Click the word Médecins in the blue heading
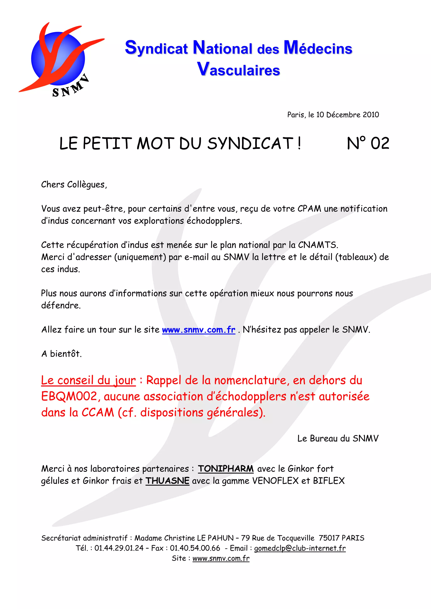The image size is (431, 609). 318,48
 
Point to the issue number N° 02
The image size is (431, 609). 368,144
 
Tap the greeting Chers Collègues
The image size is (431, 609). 74,184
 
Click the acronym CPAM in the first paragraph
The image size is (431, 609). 309,209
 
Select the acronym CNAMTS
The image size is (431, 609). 318,245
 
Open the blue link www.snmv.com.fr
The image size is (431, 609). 199,330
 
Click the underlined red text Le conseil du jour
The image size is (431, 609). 88,380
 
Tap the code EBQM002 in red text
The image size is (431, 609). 69,397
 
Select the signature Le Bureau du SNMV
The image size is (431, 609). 338,438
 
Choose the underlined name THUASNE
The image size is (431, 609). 167,481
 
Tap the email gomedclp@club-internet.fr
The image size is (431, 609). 300,548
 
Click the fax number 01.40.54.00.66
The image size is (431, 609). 195,548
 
